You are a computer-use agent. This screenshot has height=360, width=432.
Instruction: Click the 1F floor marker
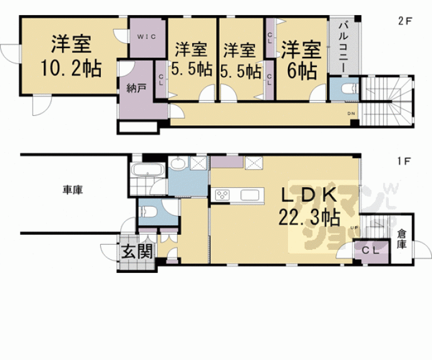coord(404,161)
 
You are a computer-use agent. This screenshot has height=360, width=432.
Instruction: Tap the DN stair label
coord(351,113)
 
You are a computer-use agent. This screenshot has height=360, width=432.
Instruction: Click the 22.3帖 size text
coord(309,217)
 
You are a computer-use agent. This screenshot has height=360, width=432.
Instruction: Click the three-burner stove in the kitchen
coord(223,195)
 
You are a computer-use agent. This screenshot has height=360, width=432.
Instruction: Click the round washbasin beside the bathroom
coord(179,165)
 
